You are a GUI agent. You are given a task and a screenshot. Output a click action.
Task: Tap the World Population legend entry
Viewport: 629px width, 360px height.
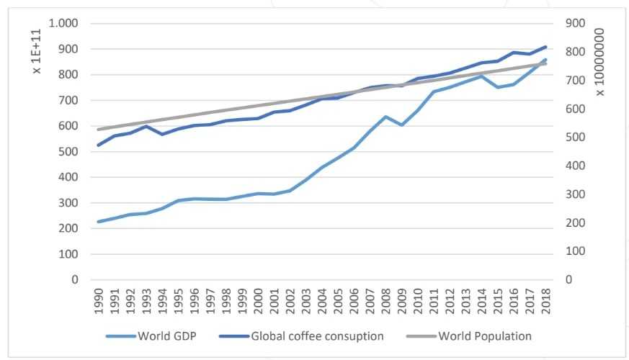click(x=484, y=336)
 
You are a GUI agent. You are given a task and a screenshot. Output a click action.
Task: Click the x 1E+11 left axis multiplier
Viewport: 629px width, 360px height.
click(x=37, y=58)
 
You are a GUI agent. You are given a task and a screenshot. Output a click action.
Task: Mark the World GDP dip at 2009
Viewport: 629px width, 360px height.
click(x=402, y=125)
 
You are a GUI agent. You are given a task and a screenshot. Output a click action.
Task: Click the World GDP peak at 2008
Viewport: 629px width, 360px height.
click(x=386, y=117)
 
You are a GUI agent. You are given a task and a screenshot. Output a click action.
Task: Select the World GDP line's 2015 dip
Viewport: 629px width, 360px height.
click(x=497, y=87)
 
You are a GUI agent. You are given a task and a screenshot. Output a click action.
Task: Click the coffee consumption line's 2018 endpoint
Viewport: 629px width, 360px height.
click(x=545, y=47)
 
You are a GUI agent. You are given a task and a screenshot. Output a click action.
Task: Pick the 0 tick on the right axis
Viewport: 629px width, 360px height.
click(x=569, y=280)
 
